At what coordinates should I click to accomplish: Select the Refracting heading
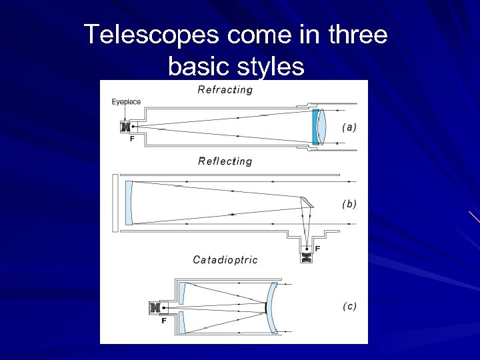click(225, 90)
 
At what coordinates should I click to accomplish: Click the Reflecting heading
click(225, 161)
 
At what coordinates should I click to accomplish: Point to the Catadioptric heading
click(225, 259)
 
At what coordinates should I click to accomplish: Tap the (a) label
click(349, 127)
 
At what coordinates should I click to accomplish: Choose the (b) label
click(349, 204)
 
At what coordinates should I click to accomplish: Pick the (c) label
click(349, 306)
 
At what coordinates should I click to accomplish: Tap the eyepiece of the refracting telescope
click(124, 126)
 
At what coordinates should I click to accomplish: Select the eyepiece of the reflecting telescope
click(307, 256)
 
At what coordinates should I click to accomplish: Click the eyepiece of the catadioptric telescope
click(156, 308)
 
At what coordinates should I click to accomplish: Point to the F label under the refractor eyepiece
click(131, 139)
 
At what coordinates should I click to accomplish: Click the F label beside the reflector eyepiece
click(318, 249)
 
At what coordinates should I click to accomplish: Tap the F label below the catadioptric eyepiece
click(163, 321)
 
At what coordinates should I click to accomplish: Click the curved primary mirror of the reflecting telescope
click(130, 202)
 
